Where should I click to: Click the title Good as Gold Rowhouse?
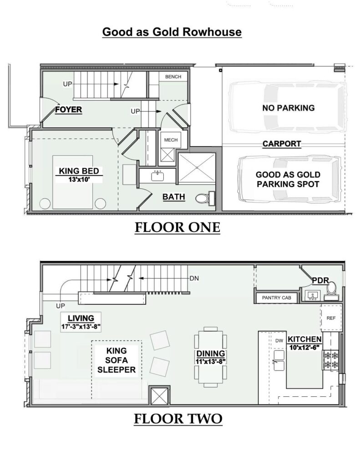coord(172,32)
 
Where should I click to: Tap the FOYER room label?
coord(68,110)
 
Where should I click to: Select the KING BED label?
coord(79,171)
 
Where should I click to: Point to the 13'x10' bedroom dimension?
coord(79,179)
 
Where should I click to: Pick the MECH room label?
coord(171,140)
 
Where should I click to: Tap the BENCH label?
coord(173,76)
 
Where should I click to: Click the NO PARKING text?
coord(289,108)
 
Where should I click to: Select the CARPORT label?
coord(282,144)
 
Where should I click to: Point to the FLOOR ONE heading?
coord(177,228)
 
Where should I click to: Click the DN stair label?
coord(194,279)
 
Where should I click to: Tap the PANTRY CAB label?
coord(276,298)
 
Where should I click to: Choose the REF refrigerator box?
coord(331,318)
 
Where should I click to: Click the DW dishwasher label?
coord(279,340)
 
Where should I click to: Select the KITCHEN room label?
coord(305,339)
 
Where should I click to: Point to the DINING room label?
coord(211,353)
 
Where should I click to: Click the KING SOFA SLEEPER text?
coord(117,360)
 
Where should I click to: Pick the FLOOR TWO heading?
coord(178,419)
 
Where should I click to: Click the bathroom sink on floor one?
coord(157,176)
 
